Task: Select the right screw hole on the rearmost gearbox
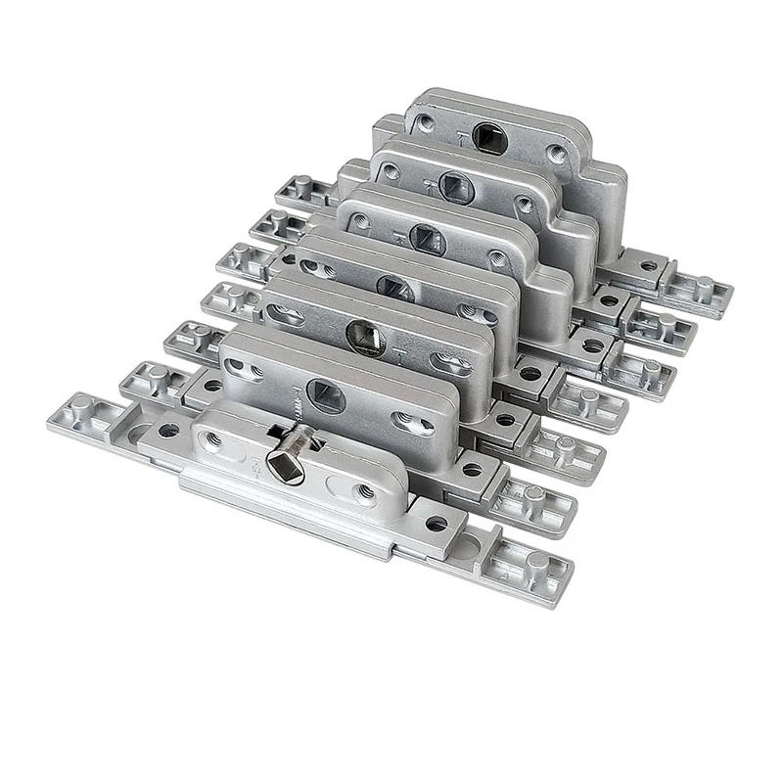pos(555,155)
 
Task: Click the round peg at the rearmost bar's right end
pos(704,287)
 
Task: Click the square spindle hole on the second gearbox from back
pos(456,183)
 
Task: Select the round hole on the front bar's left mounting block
pos(168,430)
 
